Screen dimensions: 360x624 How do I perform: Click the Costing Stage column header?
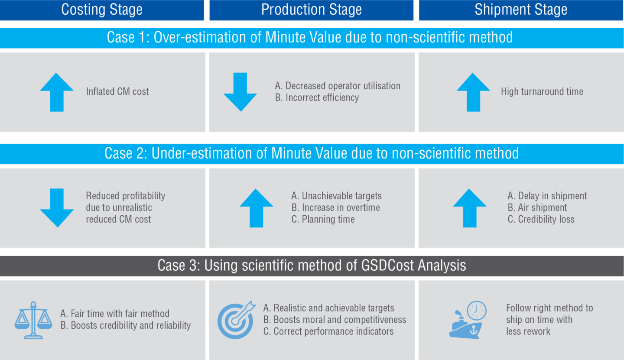click(102, 10)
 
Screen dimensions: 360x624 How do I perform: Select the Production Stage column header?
click(311, 10)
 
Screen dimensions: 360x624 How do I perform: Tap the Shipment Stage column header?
click(521, 10)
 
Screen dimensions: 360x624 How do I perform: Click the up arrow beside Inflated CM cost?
click(57, 92)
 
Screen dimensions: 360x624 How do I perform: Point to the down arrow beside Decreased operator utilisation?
click(240, 92)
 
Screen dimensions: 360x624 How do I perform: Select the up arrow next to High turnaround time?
click(473, 92)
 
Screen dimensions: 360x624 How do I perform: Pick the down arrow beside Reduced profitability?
click(57, 208)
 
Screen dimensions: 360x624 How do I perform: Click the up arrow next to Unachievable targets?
click(256, 208)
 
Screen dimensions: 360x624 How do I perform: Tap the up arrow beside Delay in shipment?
click(470, 208)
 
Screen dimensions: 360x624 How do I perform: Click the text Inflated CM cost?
click(117, 91)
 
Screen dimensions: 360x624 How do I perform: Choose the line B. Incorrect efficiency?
click(317, 97)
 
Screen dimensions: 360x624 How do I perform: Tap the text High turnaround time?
click(542, 91)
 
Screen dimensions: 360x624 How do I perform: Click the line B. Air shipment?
click(537, 208)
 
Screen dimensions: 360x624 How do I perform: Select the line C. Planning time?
click(323, 219)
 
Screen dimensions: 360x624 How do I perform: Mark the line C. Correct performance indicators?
click(328, 331)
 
